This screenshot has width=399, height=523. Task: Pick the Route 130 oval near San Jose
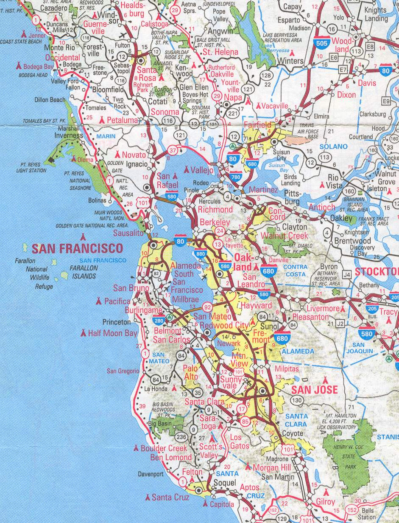point(298,400)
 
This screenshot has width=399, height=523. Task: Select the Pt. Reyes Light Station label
point(31,167)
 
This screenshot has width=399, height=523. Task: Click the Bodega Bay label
point(39,67)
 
